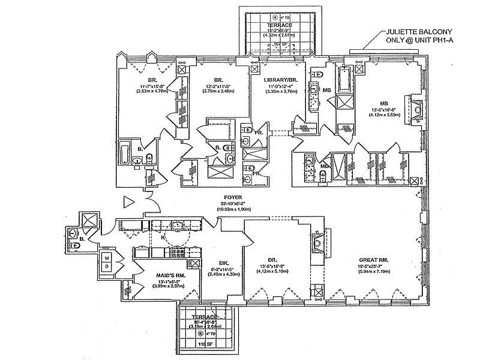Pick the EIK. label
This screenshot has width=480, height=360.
217,262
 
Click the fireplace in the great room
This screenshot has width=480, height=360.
319,241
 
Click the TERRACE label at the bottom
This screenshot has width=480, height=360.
202,316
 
